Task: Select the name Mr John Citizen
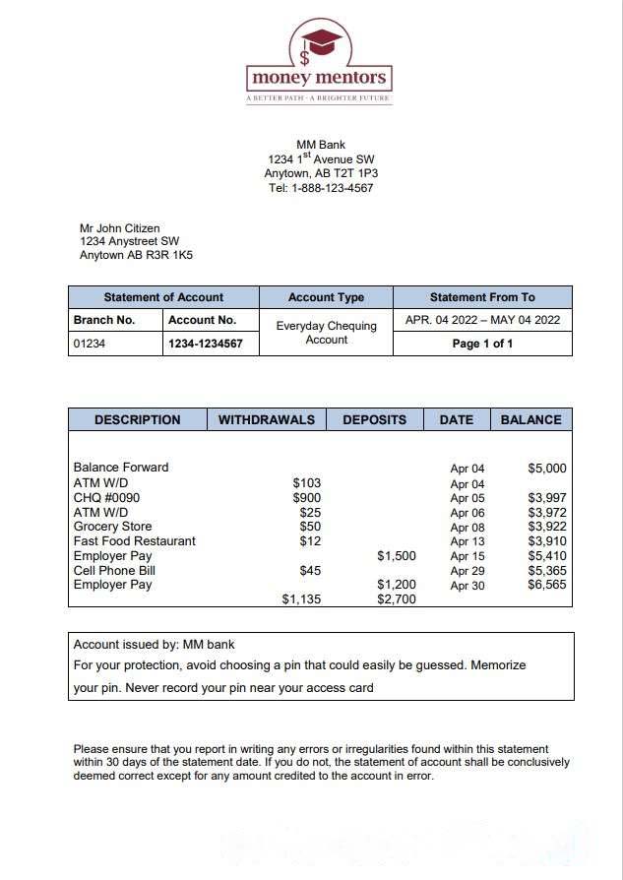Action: (119, 228)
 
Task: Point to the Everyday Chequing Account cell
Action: (326, 333)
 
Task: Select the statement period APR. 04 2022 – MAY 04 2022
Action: (482, 320)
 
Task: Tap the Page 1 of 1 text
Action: (482, 344)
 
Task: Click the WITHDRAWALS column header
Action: (266, 419)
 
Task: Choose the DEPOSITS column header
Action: (374, 419)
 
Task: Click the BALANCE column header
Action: (530, 419)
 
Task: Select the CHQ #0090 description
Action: (106, 498)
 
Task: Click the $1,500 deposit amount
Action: (397, 556)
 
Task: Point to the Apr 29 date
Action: (467, 571)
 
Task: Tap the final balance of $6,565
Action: (547, 585)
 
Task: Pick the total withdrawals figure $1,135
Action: (301, 599)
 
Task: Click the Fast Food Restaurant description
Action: (134, 541)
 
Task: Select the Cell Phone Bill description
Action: (113, 570)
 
